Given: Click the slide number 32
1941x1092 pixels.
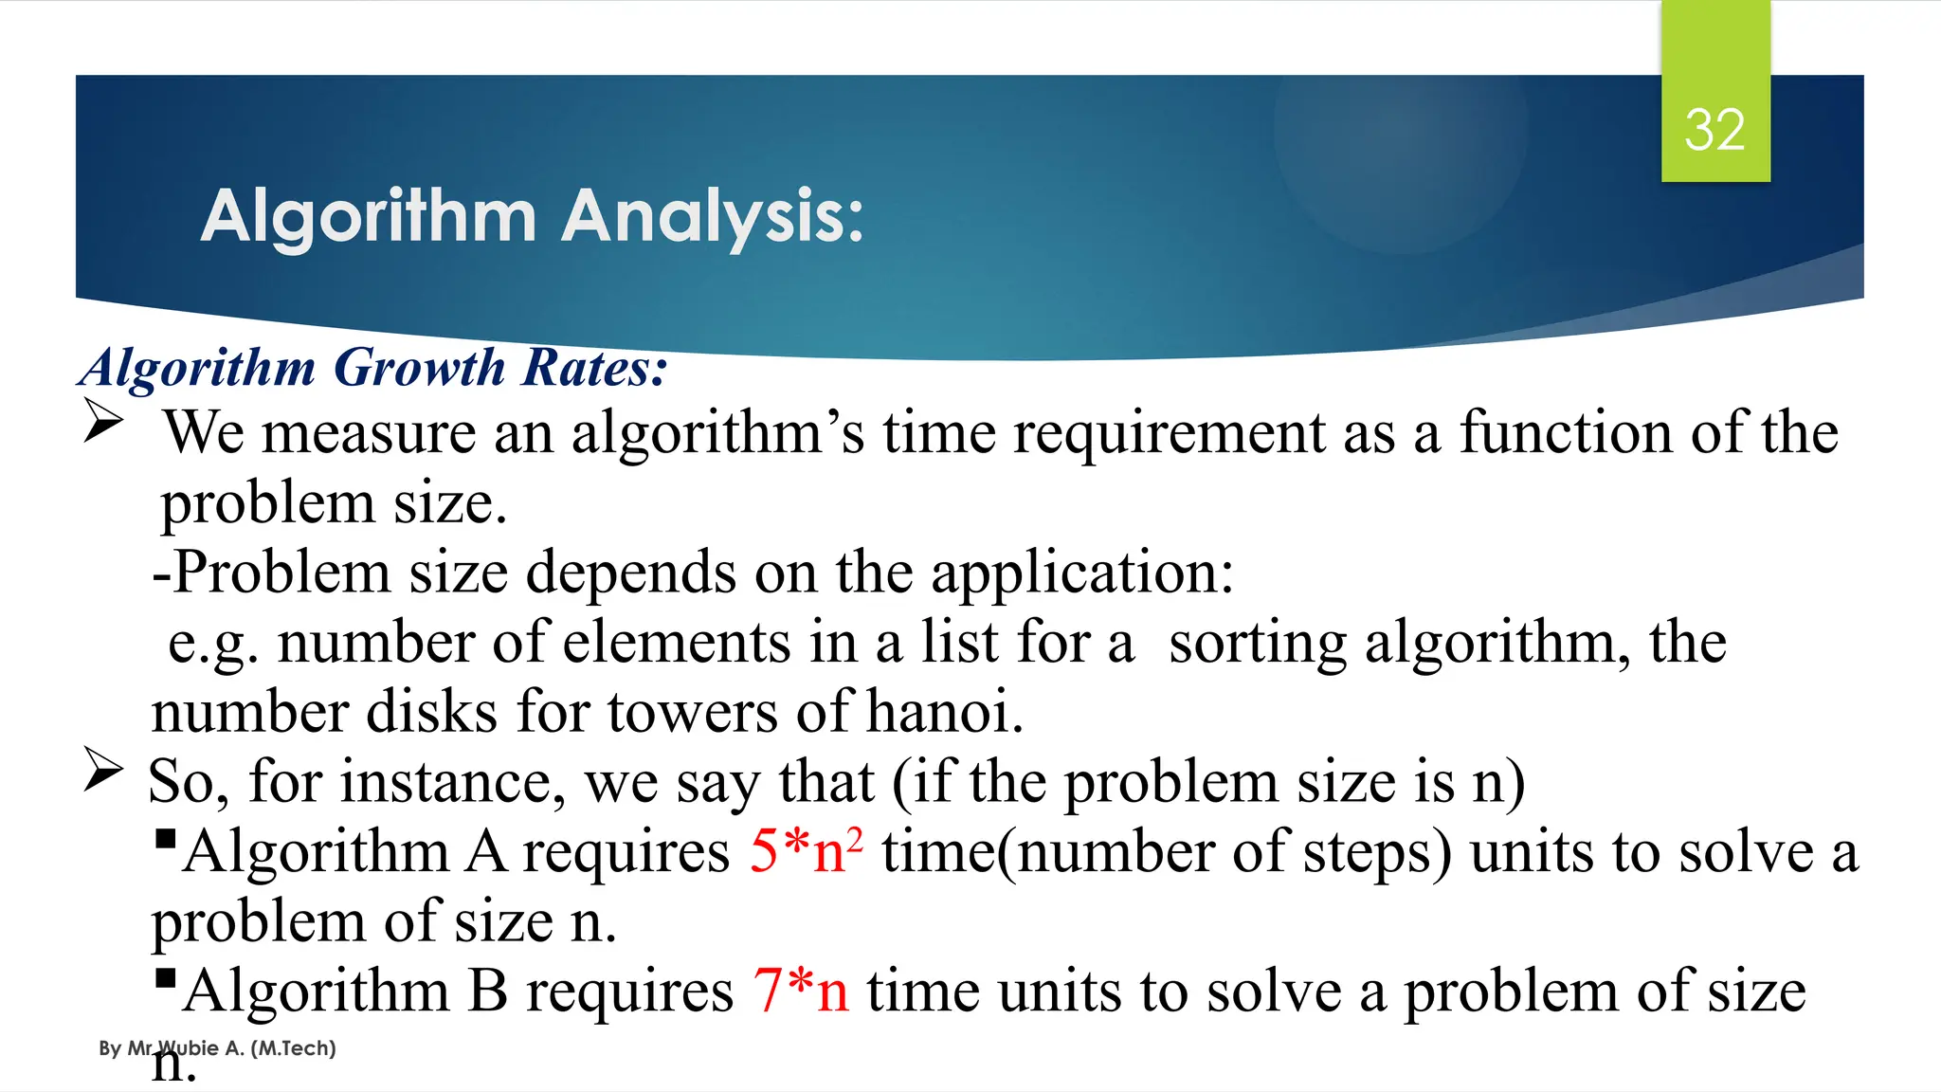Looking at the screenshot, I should pyautogui.click(x=1714, y=130).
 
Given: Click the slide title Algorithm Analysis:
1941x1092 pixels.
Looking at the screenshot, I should pyautogui.click(x=532, y=216).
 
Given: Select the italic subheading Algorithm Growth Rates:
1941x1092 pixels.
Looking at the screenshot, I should pyautogui.click(x=373, y=368).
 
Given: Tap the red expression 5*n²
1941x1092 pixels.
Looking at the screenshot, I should pyautogui.click(x=806, y=850).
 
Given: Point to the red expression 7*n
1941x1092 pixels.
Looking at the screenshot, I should pyautogui.click(x=801, y=991).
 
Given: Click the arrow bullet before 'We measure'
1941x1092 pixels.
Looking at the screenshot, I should pyautogui.click(x=102, y=422).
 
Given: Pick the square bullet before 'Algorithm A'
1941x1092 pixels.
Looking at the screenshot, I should pyautogui.click(x=165, y=839).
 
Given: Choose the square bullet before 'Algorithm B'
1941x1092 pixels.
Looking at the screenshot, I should pyautogui.click(x=165, y=977).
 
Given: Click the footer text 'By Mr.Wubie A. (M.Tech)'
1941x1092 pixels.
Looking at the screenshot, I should pyautogui.click(x=217, y=1048).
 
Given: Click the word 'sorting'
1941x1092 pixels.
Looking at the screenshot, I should pyautogui.click(x=1257, y=643).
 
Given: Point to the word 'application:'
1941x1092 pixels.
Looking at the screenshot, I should pyautogui.click(x=1082, y=573).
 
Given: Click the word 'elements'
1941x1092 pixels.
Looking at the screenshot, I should pyautogui.click(x=677, y=643).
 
